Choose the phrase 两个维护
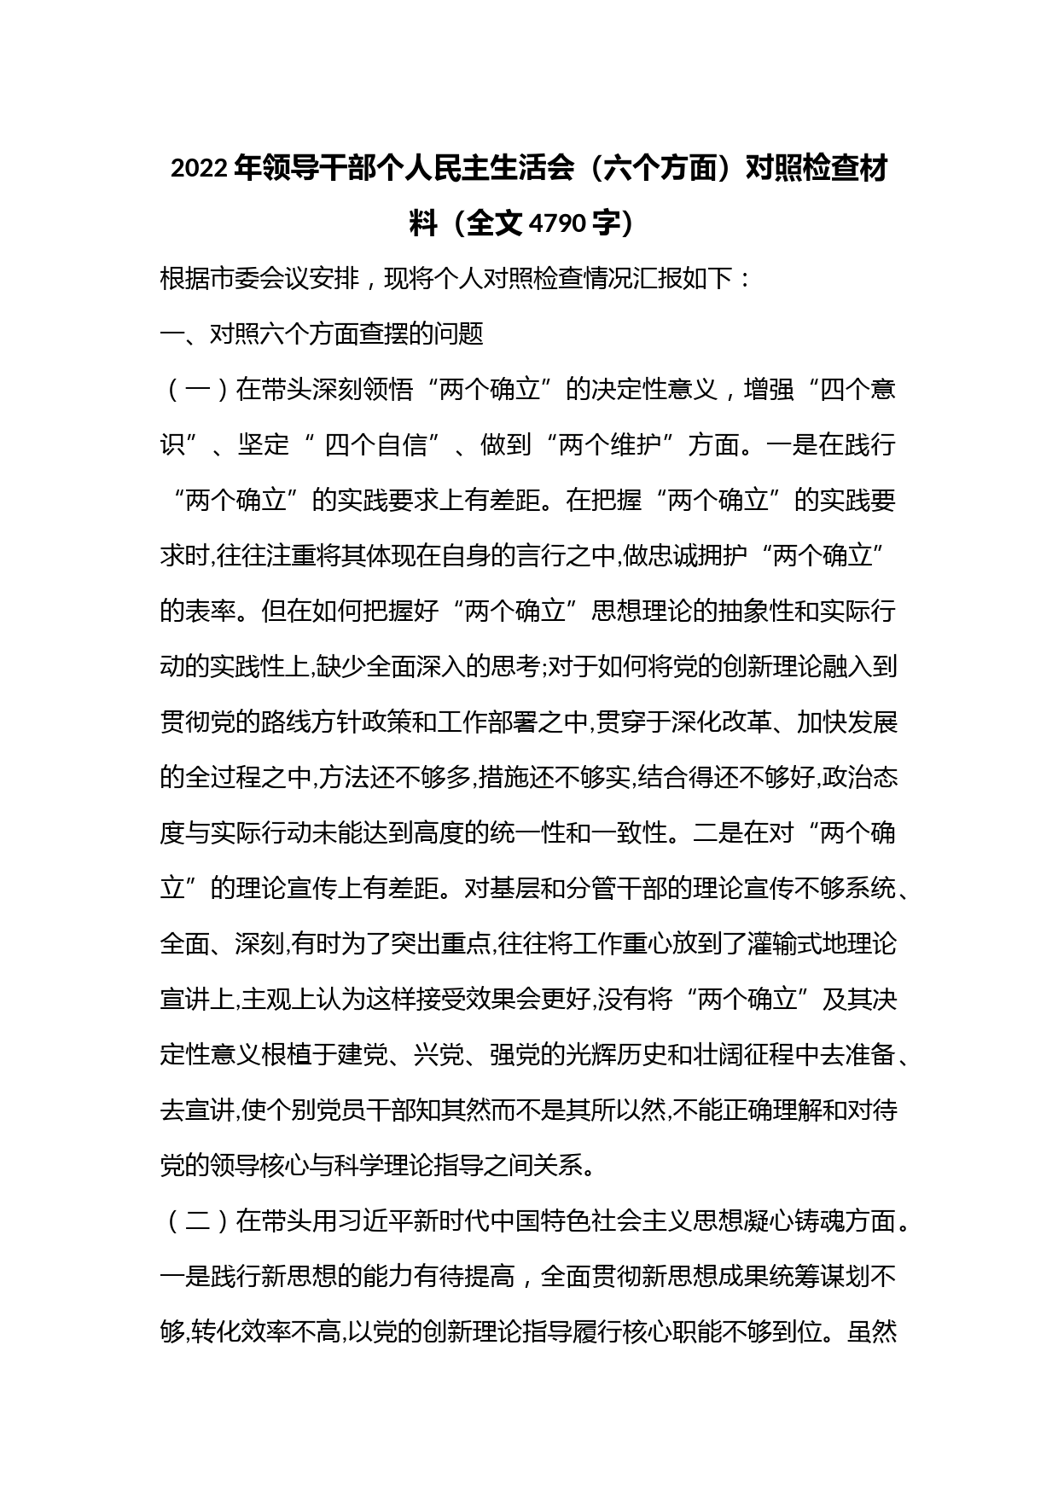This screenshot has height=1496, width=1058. (607, 445)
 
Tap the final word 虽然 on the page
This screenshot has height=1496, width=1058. (871, 1333)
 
